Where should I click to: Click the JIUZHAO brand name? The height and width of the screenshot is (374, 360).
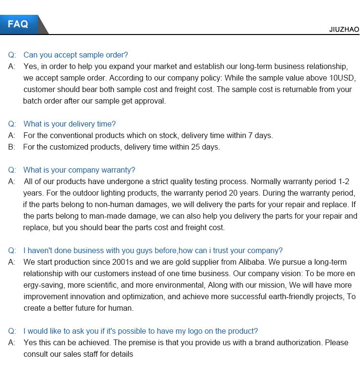click(x=344, y=29)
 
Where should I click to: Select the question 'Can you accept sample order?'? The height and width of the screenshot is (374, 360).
click(x=75, y=55)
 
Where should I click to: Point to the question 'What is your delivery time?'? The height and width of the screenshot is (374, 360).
click(x=69, y=124)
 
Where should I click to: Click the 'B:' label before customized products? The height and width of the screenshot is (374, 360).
click(x=12, y=147)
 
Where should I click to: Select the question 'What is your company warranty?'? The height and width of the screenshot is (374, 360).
click(x=79, y=170)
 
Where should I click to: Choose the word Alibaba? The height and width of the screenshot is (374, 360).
click(x=250, y=262)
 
